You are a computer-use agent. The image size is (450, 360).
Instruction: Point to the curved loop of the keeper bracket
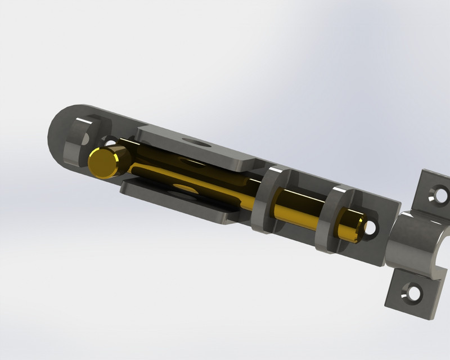pos(413,242)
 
